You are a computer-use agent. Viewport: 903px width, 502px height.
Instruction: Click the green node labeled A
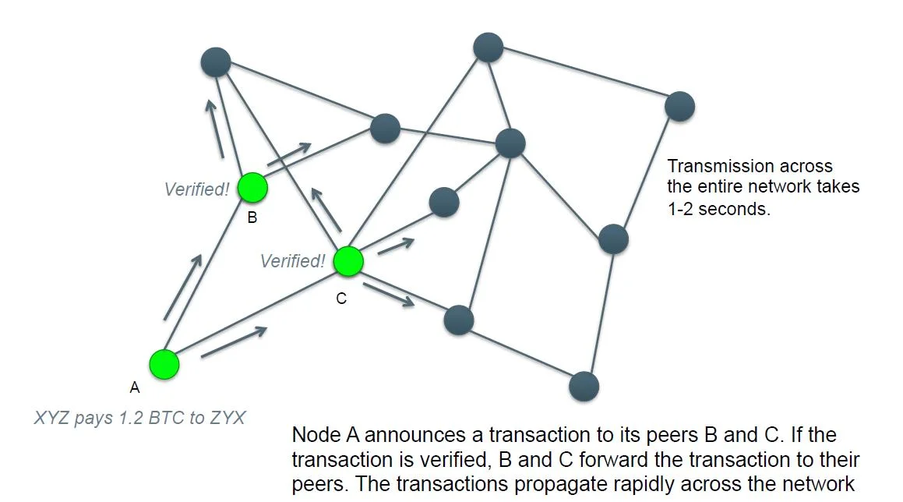point(164,364)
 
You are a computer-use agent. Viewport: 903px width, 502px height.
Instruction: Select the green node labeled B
point(252,187)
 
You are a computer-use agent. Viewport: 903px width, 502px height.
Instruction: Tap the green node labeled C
point(348,262)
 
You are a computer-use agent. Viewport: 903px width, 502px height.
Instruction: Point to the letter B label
point(252,218)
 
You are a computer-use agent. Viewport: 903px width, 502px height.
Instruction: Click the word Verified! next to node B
point(196,189)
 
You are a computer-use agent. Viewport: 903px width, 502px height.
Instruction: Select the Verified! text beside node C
point(292,261)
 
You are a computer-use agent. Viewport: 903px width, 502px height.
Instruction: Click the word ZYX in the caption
point(228,418)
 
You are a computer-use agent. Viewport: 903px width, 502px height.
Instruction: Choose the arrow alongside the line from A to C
point(234,342)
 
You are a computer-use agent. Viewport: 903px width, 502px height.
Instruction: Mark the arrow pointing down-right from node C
point(388,295)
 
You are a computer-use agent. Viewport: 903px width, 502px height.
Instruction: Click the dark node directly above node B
point(216,62)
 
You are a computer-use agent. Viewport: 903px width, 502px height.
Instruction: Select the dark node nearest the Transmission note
point(679,107)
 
